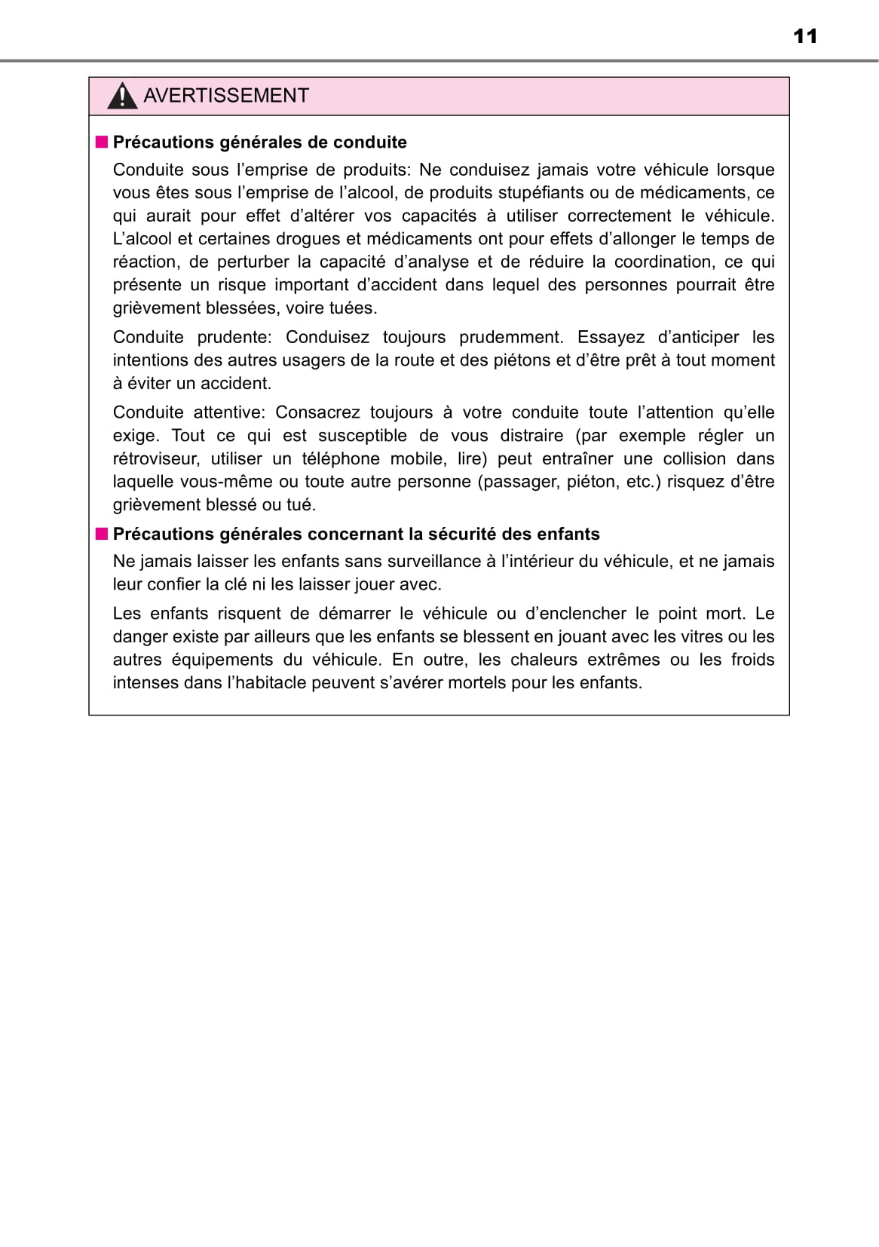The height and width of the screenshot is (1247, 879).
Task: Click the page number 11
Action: coord(805,36)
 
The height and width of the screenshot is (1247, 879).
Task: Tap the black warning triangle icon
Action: coord(122,97)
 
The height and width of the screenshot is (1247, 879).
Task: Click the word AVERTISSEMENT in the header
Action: coord(226,96)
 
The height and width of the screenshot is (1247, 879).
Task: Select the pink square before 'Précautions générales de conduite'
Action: coord(102,142)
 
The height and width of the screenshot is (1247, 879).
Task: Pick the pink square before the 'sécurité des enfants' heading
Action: coord(102,534)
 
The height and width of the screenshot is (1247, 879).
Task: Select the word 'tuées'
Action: coord(353,308)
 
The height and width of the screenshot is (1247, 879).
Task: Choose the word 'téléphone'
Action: coord(340,458)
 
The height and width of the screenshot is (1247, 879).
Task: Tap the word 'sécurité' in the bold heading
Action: coord(461,534)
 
